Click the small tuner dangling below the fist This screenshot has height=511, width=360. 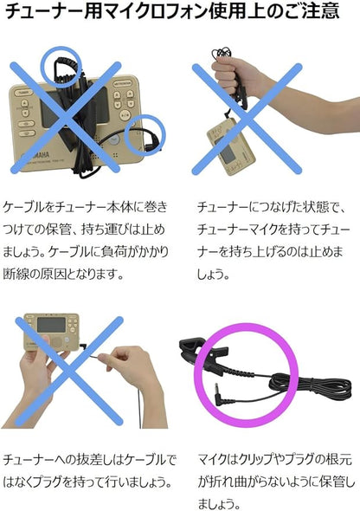[x=227, y=146]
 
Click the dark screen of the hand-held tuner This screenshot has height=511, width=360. [x=51, y=326]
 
